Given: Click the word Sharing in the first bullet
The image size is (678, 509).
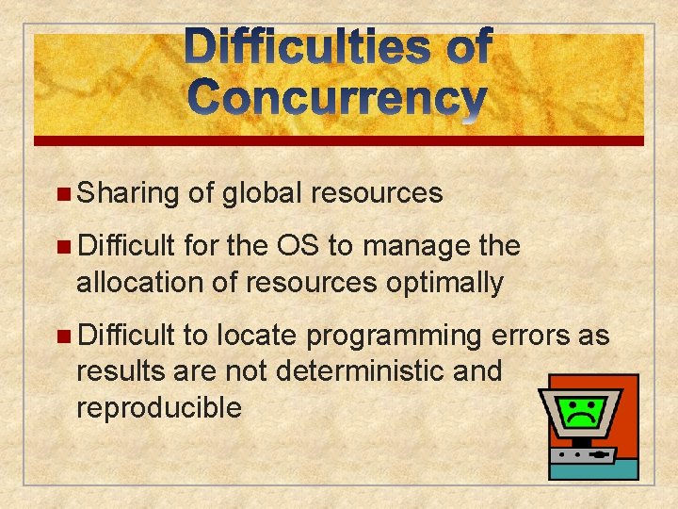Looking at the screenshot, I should pos(128,193).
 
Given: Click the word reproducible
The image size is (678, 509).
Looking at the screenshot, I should pos(159,407).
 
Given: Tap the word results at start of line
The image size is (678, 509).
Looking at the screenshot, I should pos(121,371).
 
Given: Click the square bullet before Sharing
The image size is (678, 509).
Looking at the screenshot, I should pos(62,194).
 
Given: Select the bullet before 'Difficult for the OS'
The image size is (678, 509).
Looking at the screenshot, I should pos(62,247).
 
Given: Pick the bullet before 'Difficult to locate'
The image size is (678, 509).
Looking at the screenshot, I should pos(62,336).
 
